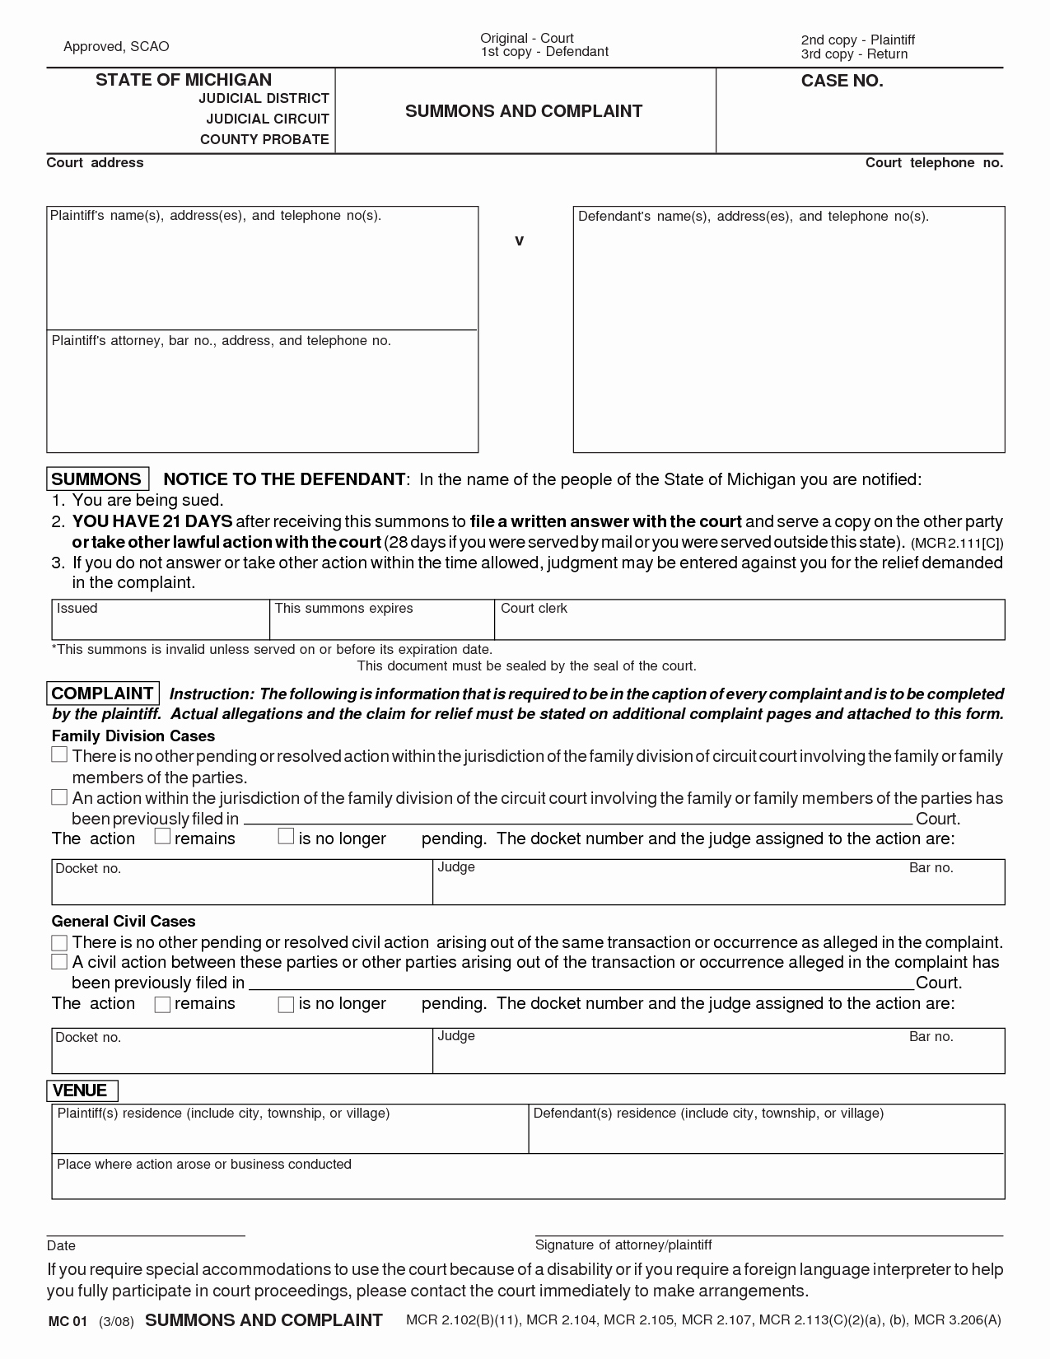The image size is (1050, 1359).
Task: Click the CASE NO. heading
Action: (842, 81)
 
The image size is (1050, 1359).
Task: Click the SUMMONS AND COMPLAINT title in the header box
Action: (524, 111)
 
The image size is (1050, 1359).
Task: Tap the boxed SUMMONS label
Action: (96, 479)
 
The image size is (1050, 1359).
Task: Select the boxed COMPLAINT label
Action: (103, 694)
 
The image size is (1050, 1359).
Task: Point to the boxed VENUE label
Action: (80, 1090)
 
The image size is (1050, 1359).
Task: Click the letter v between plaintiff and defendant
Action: (519, 241)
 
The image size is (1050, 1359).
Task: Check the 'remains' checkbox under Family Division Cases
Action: (162, 837)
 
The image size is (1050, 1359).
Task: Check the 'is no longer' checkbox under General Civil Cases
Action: (286, 1004)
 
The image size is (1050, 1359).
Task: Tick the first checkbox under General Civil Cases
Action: (59, 942)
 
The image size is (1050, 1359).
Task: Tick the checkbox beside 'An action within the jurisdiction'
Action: (59, 796)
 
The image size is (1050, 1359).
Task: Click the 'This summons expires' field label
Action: (343, 609)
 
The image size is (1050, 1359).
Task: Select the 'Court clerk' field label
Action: (534, 609)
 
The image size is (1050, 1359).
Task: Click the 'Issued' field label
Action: (77, 609)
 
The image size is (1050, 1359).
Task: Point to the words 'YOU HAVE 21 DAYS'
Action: (152, 521)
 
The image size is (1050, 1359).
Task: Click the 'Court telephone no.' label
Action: (934, 163)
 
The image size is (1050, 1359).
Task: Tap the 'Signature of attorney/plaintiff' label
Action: (623, 1245)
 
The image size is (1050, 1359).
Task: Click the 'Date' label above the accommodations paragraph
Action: (61, 1245)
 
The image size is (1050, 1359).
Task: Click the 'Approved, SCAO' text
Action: (116, 47)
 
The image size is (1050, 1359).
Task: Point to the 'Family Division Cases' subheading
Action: (133, 736)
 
